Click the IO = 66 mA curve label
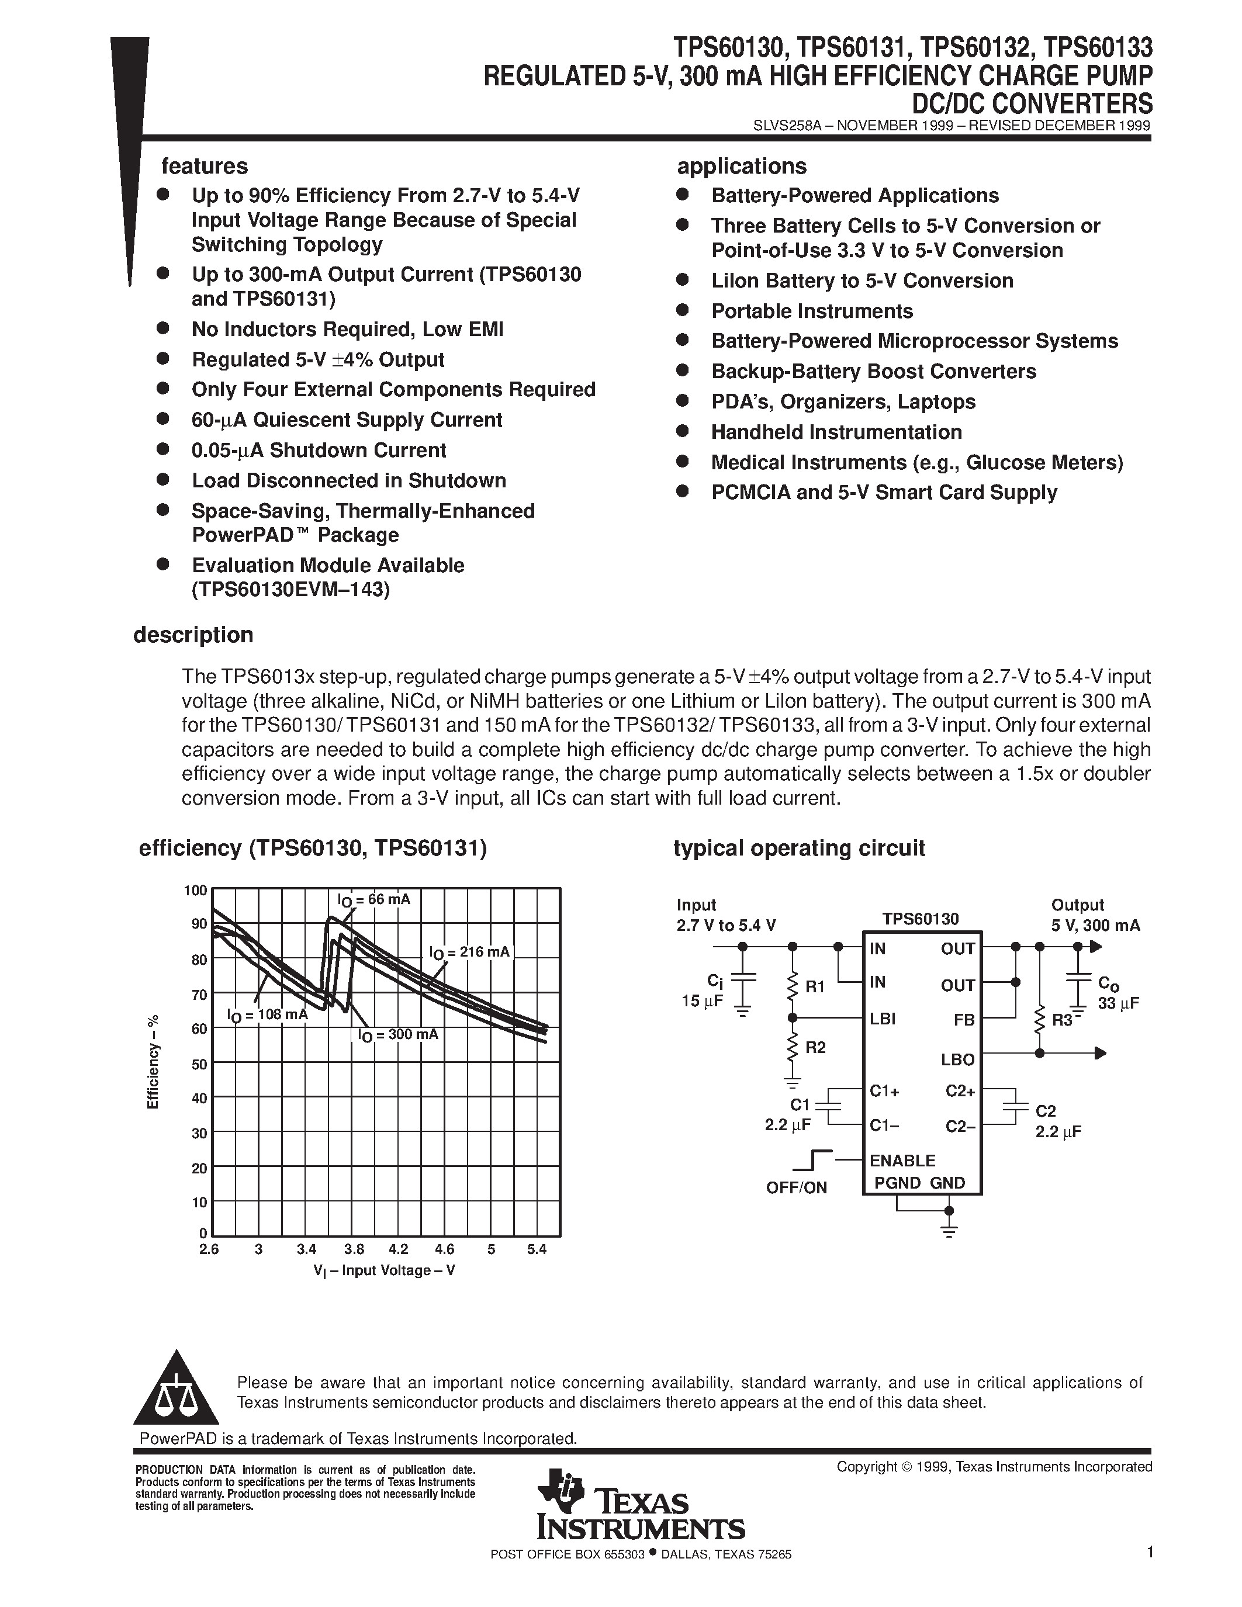pos(374,900)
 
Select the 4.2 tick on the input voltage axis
pos(398,1249)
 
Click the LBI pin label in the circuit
pos(882,1019)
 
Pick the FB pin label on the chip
pos(964,1020)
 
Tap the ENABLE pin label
pos(902,1161)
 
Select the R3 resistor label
pos(1062,1020)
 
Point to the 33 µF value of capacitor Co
pos(1118,1003)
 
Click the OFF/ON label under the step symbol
pos(796,1187)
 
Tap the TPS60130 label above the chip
pos(921,919)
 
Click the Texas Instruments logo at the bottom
pos(640,1505)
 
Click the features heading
pos(205,167)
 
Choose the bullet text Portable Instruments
pos(812,311)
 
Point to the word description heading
pos(193,635)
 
